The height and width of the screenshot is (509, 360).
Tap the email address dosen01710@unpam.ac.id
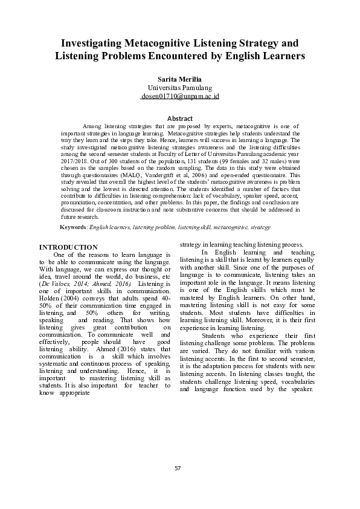pos(179,96)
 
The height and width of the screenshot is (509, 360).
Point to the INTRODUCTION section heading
pos(68,247)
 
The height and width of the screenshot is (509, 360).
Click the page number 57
pos(178,485)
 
